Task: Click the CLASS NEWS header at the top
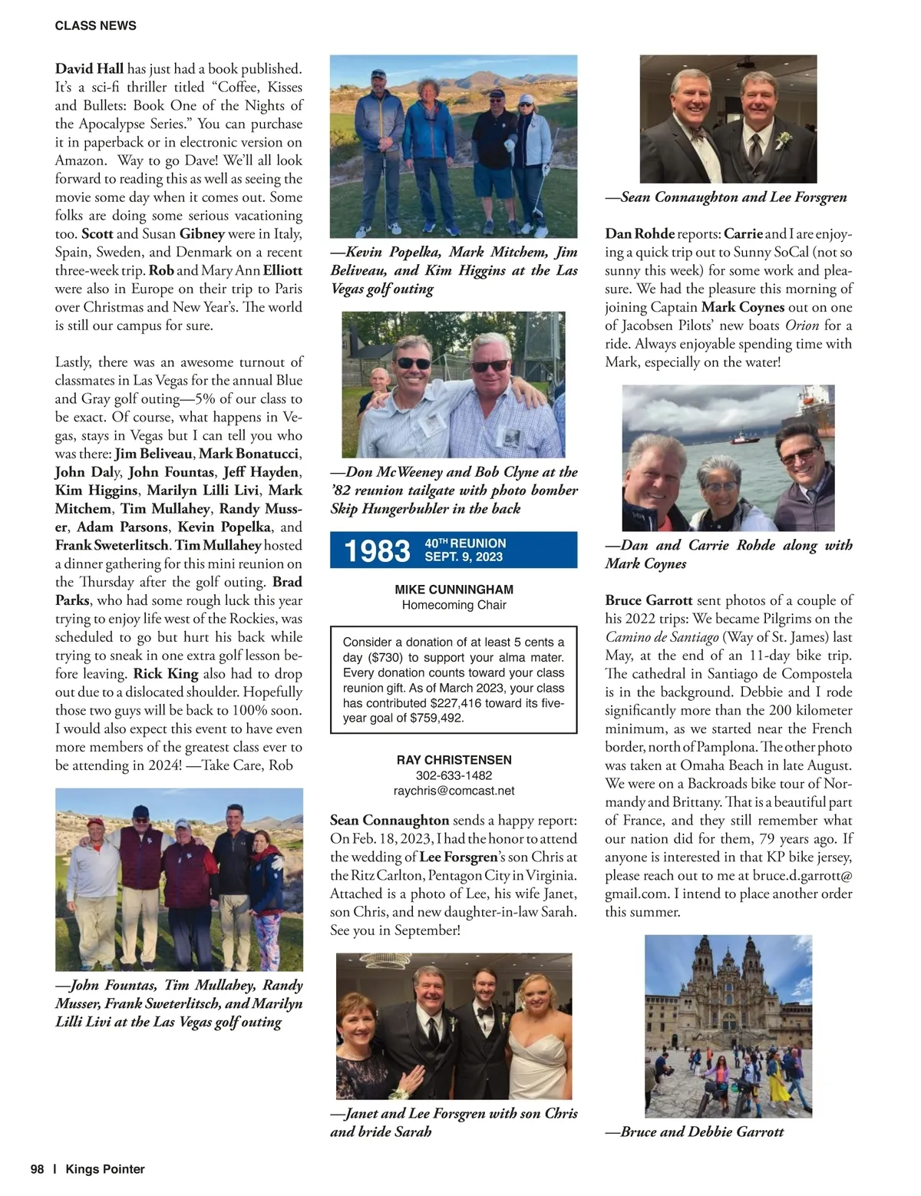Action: (x=95, y=25)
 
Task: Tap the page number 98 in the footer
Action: (x=37, y=1169)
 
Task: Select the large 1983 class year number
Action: (x=377, y=550)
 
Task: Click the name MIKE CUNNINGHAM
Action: (x=454, y=590)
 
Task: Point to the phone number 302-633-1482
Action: (x=454, y=775)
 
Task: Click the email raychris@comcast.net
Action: (x=454, y=791)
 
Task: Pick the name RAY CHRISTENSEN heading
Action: (x=454, y=760)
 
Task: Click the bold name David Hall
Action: (x=89, y=68)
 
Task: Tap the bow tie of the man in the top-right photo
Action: (x=697, y=132)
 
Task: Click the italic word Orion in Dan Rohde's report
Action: (x=801, y=325)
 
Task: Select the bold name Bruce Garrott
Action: (x=649, y=600)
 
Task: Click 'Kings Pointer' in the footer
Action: (x=105, y=1169)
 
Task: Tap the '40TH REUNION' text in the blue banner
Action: (x=465, y=543)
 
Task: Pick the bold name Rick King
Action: (x=166, y=673)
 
